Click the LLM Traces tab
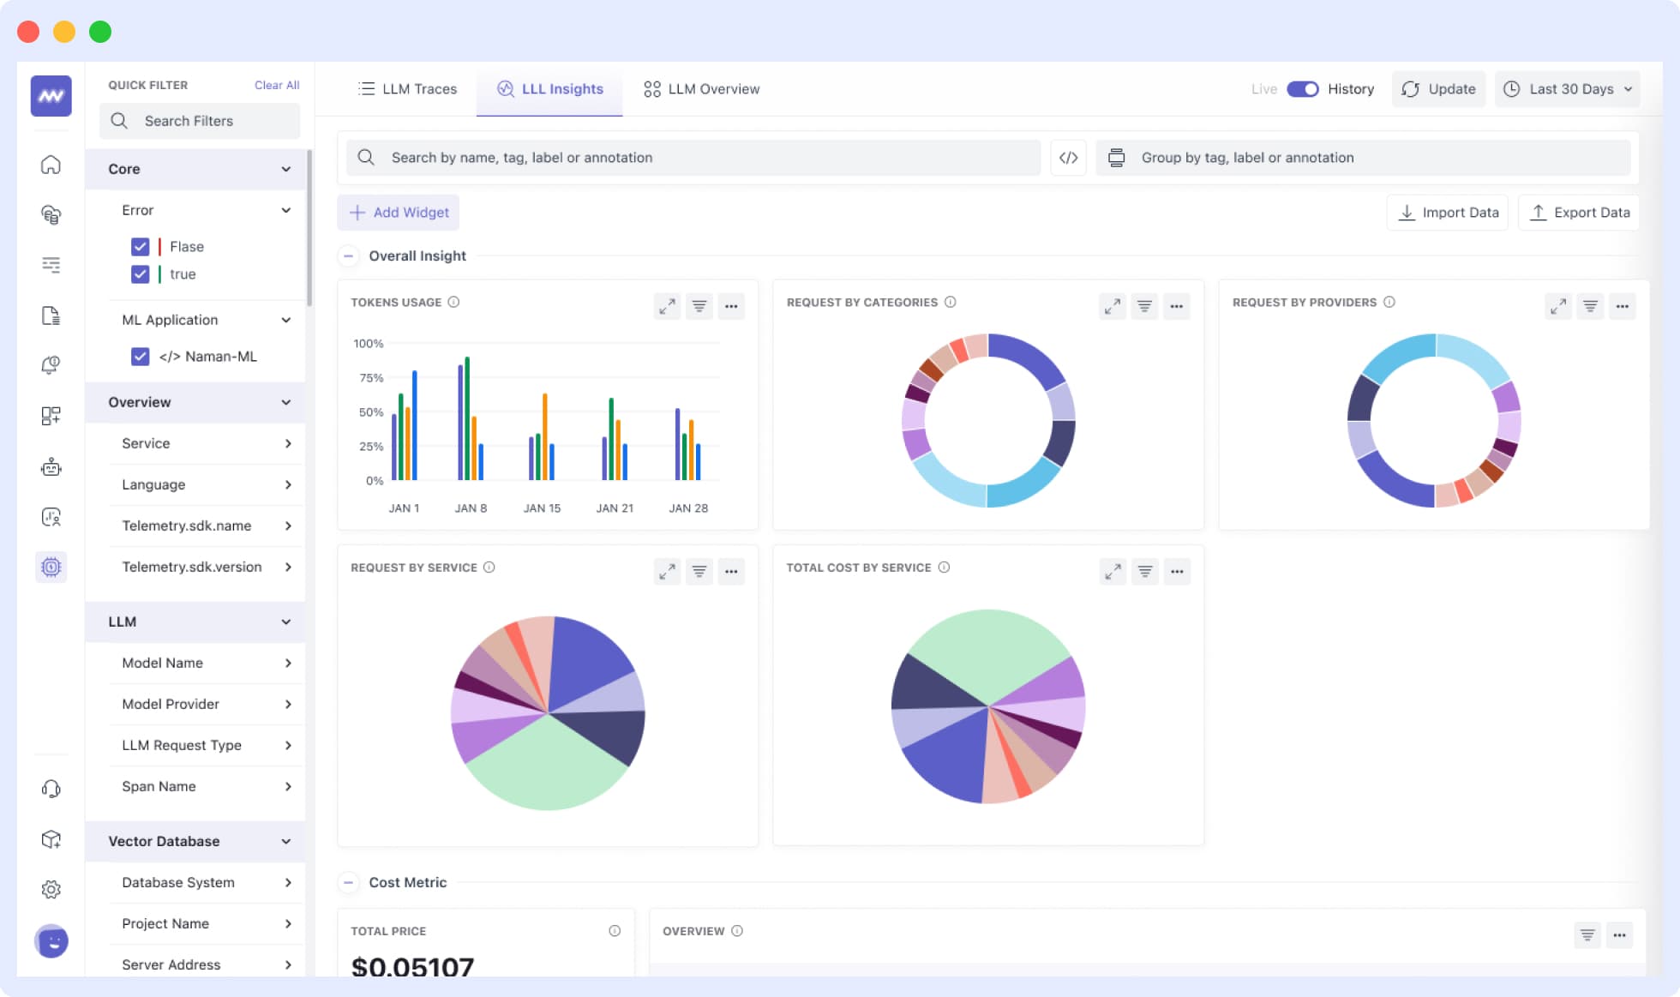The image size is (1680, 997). pos(407,89)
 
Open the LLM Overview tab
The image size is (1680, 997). pos(701,89)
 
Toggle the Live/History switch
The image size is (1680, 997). pos(1302,89)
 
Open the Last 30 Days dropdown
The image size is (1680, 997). pos(1568,89)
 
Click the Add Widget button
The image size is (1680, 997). pos(399,213)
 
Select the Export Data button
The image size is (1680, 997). pos(1579,213)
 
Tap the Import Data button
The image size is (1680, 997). pos(1448,213)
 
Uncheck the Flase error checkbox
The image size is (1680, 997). pos(141,247)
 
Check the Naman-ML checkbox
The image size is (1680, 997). pos(141,357)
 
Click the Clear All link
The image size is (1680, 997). pos(276,85)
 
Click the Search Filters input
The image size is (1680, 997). pos(200,121)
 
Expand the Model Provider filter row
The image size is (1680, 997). pos(206,704)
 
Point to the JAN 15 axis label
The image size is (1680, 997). pos(542,508)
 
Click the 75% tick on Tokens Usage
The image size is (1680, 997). pos(370,378)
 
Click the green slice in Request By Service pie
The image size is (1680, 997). pos(544,767)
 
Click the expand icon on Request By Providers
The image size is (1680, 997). pos(1557,306)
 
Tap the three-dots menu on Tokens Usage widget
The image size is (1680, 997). pos(731,306)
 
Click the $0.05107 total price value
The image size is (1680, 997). pos(412,967)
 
